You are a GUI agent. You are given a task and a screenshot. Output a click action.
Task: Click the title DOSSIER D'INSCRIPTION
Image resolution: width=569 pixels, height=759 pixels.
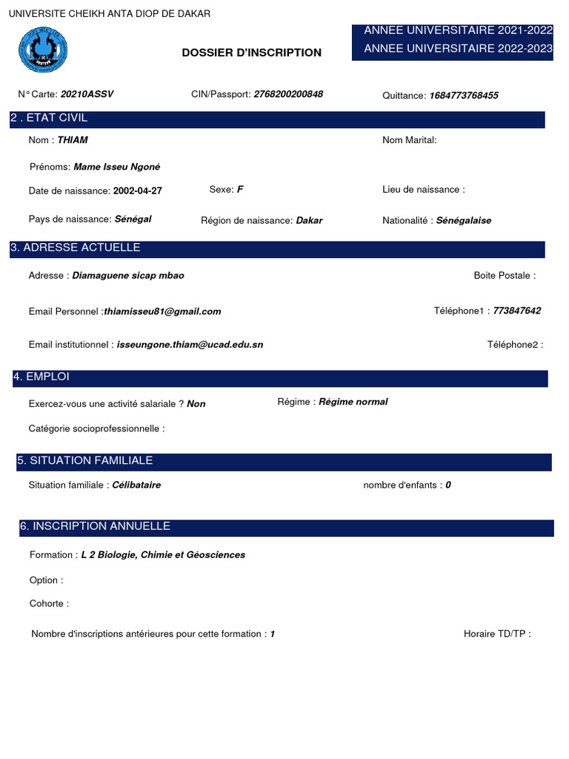(x=252, y=53)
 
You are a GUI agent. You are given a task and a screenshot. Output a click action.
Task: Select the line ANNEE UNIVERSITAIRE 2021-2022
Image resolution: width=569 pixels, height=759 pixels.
(x=458, y=30)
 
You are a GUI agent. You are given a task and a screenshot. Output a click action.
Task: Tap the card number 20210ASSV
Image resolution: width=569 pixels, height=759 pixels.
(x=87, y=94)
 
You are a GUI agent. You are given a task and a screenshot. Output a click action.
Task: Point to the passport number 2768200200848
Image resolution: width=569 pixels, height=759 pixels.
(x=288, y=94)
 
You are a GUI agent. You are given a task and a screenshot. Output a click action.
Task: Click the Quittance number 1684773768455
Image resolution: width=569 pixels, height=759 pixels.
(x=464, y=96)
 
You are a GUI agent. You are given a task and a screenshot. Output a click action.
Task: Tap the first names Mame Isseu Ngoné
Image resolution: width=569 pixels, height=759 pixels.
(x=117, y=167)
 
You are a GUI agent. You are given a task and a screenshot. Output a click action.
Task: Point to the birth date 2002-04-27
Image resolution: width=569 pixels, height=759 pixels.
(x=137, y=190)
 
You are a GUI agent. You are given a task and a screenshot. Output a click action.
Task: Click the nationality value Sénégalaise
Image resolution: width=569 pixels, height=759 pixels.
(x=463, y=220)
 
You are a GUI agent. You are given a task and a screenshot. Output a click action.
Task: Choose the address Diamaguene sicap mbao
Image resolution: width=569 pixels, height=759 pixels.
(x=128, y=276)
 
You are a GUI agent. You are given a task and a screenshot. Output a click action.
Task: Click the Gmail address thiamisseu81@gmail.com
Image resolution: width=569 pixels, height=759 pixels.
(x=162, y=311)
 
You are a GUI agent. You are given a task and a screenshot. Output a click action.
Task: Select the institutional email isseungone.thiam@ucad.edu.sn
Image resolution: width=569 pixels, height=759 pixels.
(x=190, y=345)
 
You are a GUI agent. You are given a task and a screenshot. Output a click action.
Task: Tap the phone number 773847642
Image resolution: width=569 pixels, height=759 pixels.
(x=516, y=311)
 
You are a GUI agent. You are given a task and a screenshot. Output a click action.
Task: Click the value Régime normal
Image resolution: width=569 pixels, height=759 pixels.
(x=353, y=402)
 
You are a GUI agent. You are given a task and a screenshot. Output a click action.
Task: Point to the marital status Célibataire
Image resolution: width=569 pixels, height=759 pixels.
(x=136, y=485)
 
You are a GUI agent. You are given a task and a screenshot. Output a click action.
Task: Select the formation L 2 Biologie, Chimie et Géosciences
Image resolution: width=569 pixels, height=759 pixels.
(x=163, y=554)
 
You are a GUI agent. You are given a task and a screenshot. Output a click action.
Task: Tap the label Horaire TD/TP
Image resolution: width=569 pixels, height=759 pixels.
(x=496, y=634)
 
